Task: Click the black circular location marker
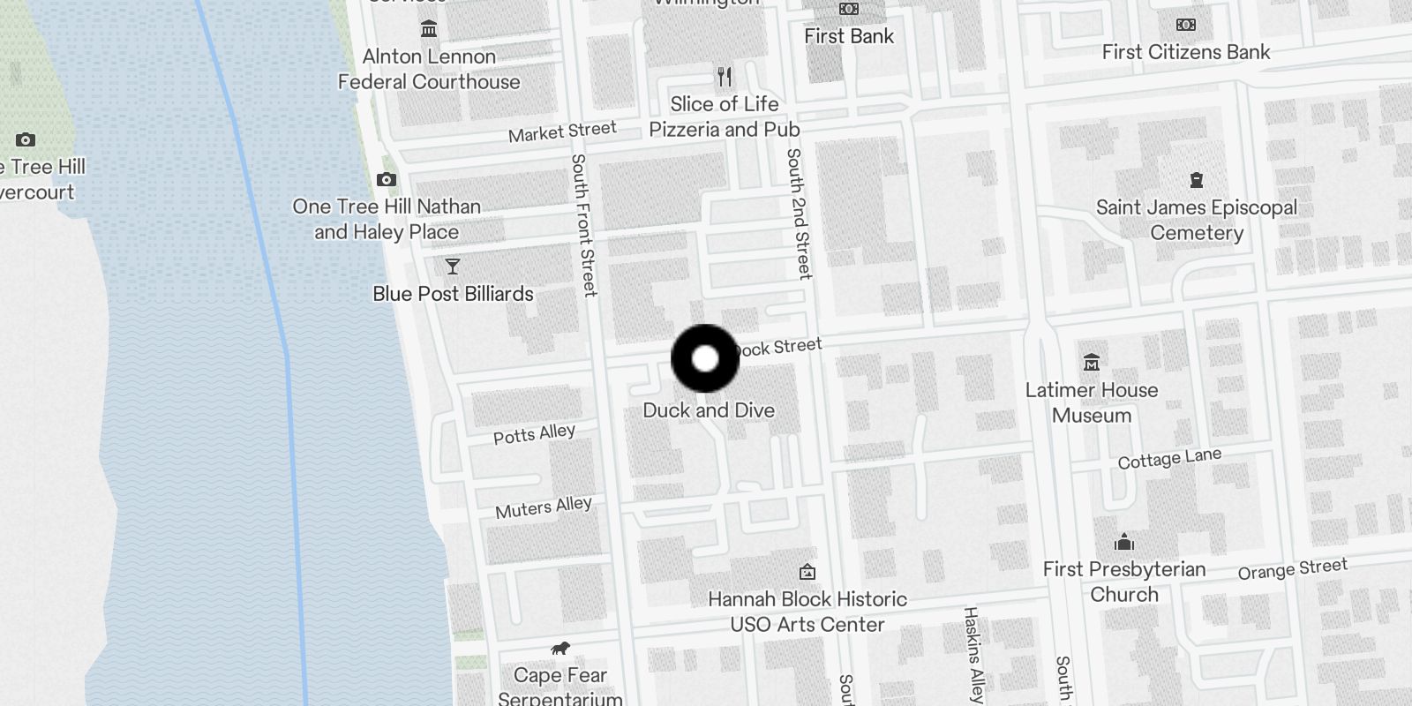(705, 358)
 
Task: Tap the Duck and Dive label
(709, 410)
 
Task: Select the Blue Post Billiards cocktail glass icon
(453, 267)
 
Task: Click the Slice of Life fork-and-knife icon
(725, 77)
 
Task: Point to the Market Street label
(562, 132)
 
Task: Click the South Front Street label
(583, 225)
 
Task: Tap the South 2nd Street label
(799, 214)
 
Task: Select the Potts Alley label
(534, 434)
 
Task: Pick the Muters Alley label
(543, 507)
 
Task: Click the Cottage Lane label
(1169, 459)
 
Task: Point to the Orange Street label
(1292, 569)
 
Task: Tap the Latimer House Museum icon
(1092, 363)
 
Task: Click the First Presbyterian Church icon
(1124, 542)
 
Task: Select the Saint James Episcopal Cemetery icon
(1197, 181)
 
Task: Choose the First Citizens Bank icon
(1186, 25)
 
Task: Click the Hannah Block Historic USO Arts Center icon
(807, 572)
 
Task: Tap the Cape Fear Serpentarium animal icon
(560, 650)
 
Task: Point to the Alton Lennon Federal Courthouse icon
(429, 29)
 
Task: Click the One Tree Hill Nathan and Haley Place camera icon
(386, 180)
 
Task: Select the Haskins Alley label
(973, 654)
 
